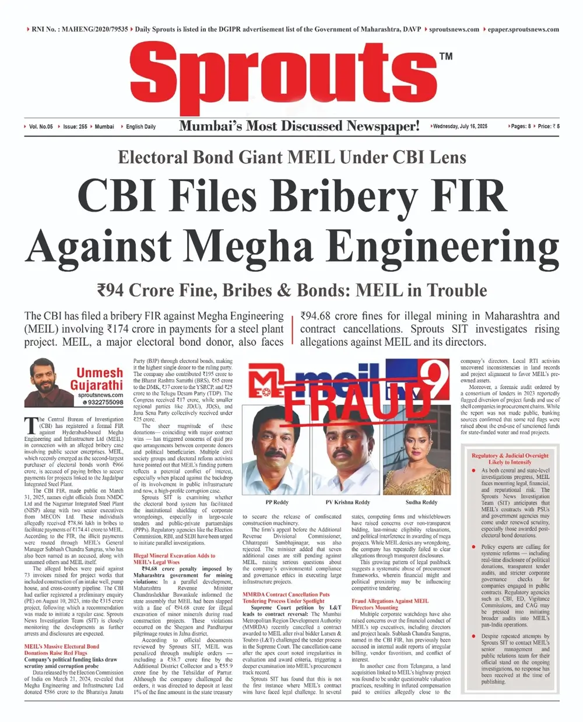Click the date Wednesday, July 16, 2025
click(x=460, y=126)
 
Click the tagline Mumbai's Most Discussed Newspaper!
click(x=299, y=126)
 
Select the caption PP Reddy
click(x=277, y=502)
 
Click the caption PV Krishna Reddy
click(x=348, y=502)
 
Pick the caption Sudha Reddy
click(x=421, y=502)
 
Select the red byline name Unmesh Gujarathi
click(x=97, y=378)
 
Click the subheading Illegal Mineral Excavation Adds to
click(x=174, y=556)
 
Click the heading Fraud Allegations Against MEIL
click(x=389, y=601)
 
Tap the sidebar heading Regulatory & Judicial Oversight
click(x=510, y=455)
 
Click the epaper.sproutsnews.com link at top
click(x=523, y=29)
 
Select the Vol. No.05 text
click(x=41, y=127)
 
